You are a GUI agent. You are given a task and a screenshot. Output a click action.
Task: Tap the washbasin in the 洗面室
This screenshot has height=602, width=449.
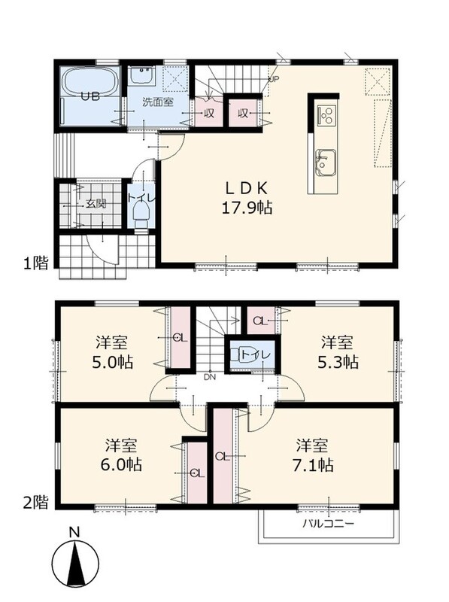click(x=141, y=76)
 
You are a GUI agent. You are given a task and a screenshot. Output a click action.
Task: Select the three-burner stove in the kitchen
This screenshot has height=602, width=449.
click(x=326, y=114)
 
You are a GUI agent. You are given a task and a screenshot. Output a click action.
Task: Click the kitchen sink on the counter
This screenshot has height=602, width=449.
click(x=326, y=163)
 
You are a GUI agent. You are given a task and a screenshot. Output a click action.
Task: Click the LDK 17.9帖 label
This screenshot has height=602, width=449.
click(x=247, y=198)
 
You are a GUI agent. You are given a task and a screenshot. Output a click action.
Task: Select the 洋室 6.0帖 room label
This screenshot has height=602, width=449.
click(x=121, y=455)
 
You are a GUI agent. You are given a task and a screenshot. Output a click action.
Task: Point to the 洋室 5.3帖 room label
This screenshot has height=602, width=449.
click(x=338, y=352)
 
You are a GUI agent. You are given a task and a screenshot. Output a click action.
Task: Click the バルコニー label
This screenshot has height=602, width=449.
click(x=329, y=524)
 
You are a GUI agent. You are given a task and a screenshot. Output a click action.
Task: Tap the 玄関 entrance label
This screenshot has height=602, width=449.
click(x=96, y=204)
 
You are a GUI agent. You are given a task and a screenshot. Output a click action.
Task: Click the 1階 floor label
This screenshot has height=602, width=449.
click(x=35, y=263)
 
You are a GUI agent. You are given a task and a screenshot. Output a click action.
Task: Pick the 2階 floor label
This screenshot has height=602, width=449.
click(x=35, y=503)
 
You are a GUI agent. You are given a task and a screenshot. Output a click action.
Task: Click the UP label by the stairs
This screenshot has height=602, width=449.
click(x=274, y=80)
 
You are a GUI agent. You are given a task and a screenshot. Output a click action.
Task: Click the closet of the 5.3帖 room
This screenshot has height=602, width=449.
click(x=261, y=321)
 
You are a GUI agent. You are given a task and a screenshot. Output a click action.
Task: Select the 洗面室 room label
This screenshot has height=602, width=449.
click(x=158, y=102)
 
